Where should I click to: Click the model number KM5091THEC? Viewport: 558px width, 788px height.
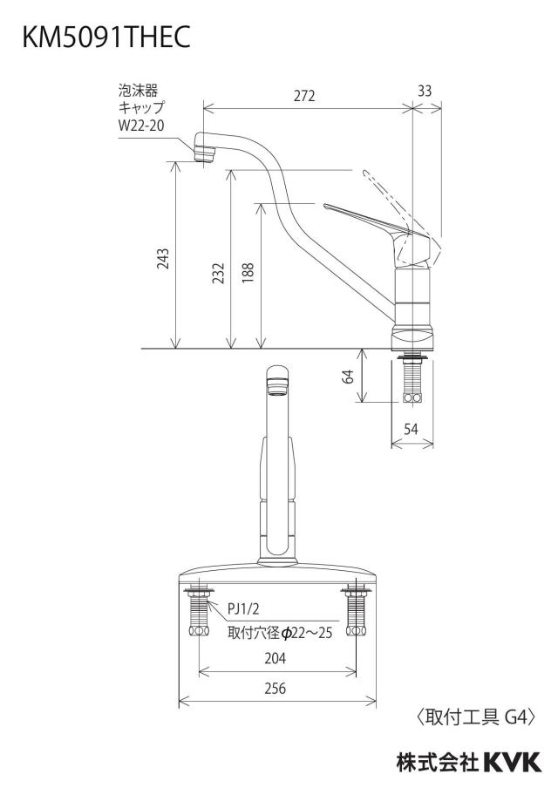pyautogui.click(x=106, y=37)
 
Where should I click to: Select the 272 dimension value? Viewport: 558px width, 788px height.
pyautogui.click(x=304, y=96)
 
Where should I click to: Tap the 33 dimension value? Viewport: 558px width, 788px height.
pyautogui.click(x=425, y=91)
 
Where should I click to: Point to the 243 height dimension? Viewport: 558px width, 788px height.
pyautogui.click(x=163, y=259)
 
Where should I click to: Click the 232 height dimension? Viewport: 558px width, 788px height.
pyautogui.click(x=219, y=273)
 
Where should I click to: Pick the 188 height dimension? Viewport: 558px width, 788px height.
pyautogui.click(x=248, y=273)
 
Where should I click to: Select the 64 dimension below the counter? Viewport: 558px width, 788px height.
pyautogui.click(x=349, y=376)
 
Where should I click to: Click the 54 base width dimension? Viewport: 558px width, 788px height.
pyautogui.click(x=412, y=429)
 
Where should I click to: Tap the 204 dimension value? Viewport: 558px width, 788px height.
pyautogui.click(x=275, y=658)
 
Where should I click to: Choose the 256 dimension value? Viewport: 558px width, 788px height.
pyautogui.click(x=275, y=688)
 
